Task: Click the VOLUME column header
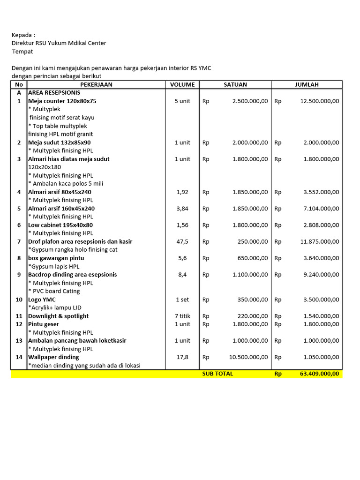pyautogui.click(x=182, y=85)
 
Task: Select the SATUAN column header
pyautogui.click(x=235, y=85)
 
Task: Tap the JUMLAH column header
pyautogui.click(x=307, y=85)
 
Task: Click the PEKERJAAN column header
pyautogui.click(x=96, y=85)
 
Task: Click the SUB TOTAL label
pyautogui.click(x=217, y=374)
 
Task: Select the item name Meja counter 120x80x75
pyautogui.click(x=62, y=101)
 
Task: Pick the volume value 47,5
pyautogui.click(x=182, y=241)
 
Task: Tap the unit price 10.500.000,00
pyautogui.click(x=248, y=357)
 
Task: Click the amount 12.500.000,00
pyautogui.click(x=320, y=101)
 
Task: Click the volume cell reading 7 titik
pyautogui.click(x=182, y=316)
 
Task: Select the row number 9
pyautogui.click(x=19, y=275)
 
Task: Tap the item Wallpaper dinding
pyautogui.click(x=53, y=357)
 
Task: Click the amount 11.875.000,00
pyautogui.click(x=320, y=241)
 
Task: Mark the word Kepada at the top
pyautogui.click(x=22, y=35)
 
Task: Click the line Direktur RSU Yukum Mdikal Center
pyautogui.click(x=59, y=43)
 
